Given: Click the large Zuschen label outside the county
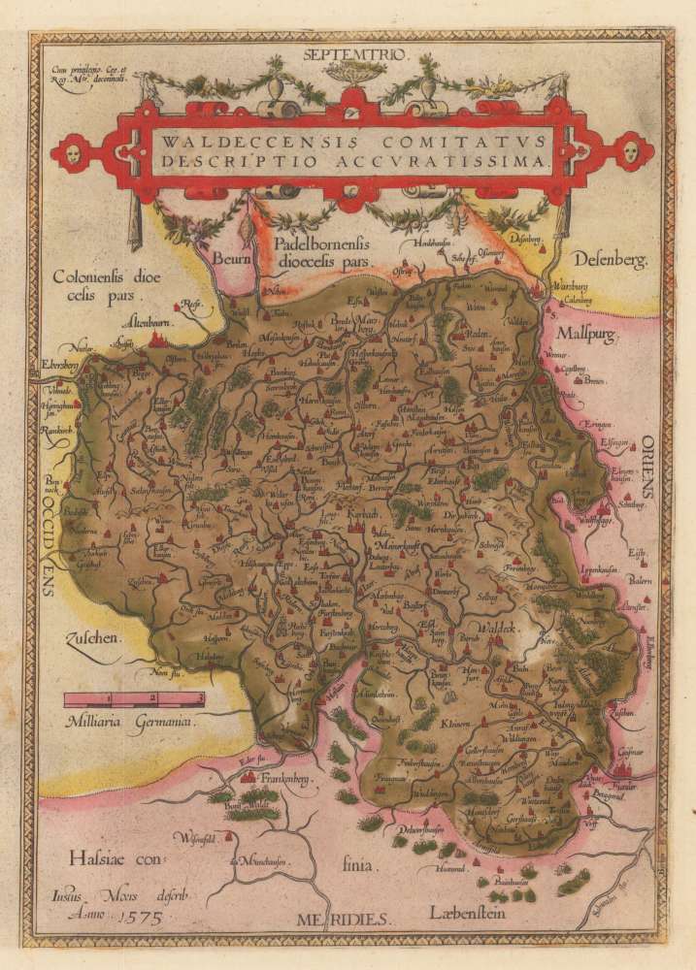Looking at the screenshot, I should [x=92, y=640].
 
